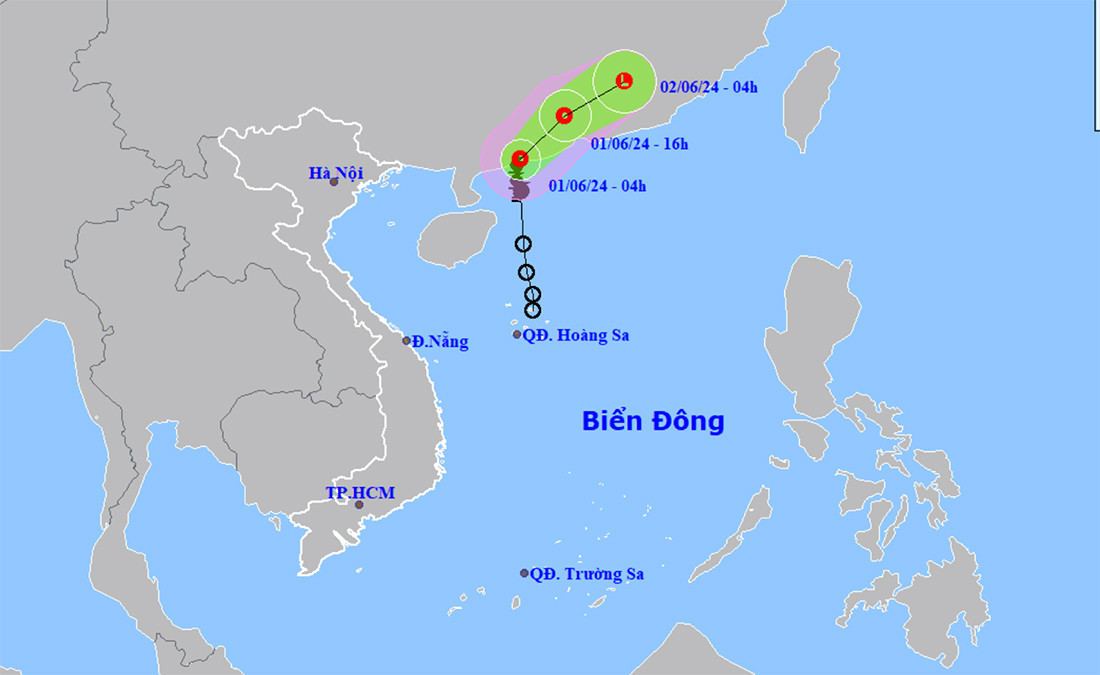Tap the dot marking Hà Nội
(334, 182)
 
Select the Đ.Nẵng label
(440, 342)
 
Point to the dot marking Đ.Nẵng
(407, 341)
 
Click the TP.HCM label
(360, 493)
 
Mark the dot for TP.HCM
(359, 505)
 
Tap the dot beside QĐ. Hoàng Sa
(517, 334)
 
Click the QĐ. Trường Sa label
(587, 574)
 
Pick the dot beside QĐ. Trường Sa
(524, 573)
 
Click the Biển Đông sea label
(653, 421)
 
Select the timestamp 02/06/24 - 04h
(709, 87)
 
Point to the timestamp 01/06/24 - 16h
(639, 144)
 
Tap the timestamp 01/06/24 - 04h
(597, 185)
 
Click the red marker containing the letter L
(625, 80)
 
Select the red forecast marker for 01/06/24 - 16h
(564, 116)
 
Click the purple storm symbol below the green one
(519, 189)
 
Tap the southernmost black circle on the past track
(532, 310)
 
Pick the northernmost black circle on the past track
(524, 244)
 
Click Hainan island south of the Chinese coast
(455, 239)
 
